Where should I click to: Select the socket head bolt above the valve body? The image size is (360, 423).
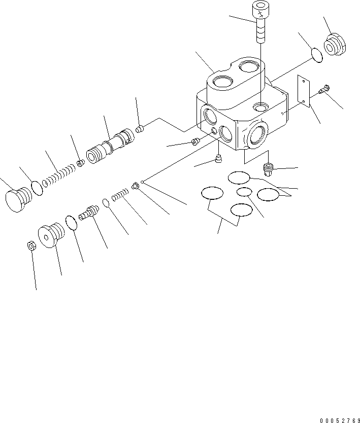pyautogui.click(x=259, y=25)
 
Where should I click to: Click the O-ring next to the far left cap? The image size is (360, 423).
pyautogui.click(x=38, y=187)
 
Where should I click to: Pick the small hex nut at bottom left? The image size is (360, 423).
pyautogui.click(x=30, y=246)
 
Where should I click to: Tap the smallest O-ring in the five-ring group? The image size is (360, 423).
pyautogui.click(x=244, y=192)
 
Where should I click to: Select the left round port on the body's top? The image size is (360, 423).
pyautogui.click(x=222, y=81)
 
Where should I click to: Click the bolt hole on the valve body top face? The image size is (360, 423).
pyautogui.click(x=260, y=107)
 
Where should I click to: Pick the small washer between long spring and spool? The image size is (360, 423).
pyautogui.click(x=80, y=163)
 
